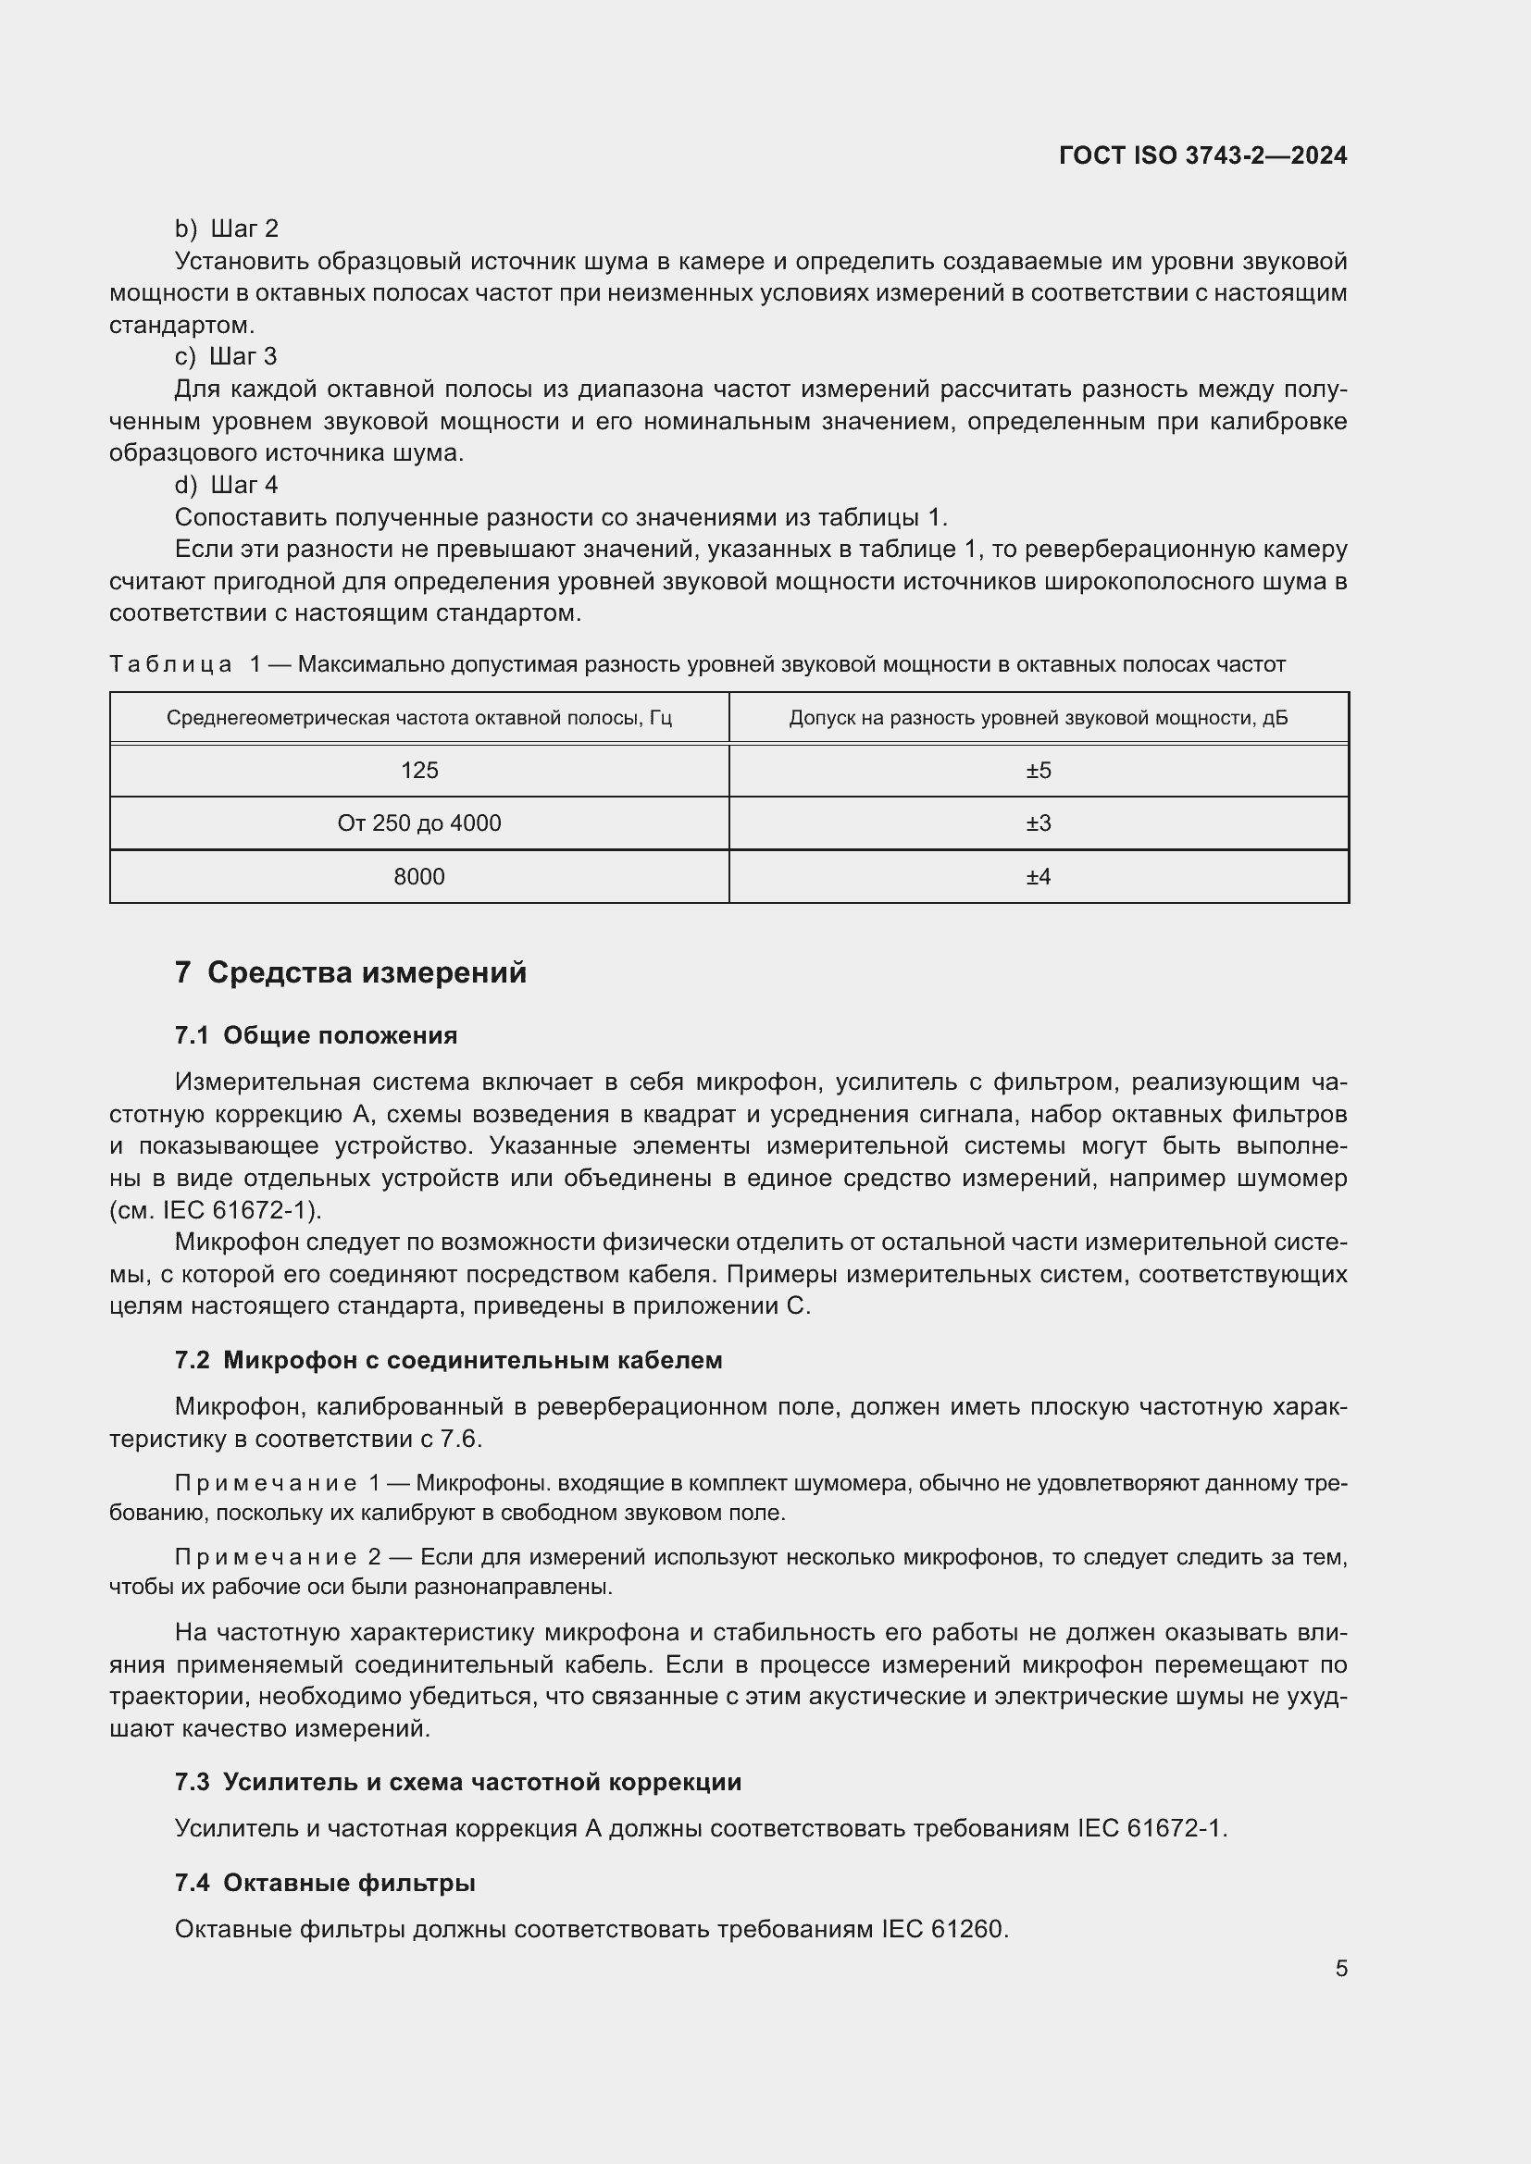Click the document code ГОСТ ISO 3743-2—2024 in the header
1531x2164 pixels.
point(1203,155)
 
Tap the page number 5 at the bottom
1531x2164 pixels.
point(1340,1968)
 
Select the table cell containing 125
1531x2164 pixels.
point(419,771)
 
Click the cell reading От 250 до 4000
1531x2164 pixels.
point(419,823)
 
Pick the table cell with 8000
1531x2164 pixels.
point(419,876)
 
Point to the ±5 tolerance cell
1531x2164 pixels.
point(1038,771)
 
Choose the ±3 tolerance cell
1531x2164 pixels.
point(1038,823)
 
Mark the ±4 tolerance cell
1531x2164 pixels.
point(1038,876)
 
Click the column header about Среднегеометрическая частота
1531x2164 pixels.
point(419,718)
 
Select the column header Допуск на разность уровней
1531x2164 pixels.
point(1038,718)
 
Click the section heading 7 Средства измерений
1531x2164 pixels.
point(351,972)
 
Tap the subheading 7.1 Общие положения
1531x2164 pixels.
point(316,1036)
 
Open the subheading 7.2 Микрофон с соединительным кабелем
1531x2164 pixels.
point(449,1360)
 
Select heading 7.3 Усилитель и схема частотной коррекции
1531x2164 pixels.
point(458,1782)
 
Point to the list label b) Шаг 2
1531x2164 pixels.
point(227,229)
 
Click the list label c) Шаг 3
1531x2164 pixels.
point(226,356)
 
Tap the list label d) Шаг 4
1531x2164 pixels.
point(227,485)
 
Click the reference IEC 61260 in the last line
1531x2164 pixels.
point(945,1929)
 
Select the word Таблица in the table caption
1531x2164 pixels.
point(170,664)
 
